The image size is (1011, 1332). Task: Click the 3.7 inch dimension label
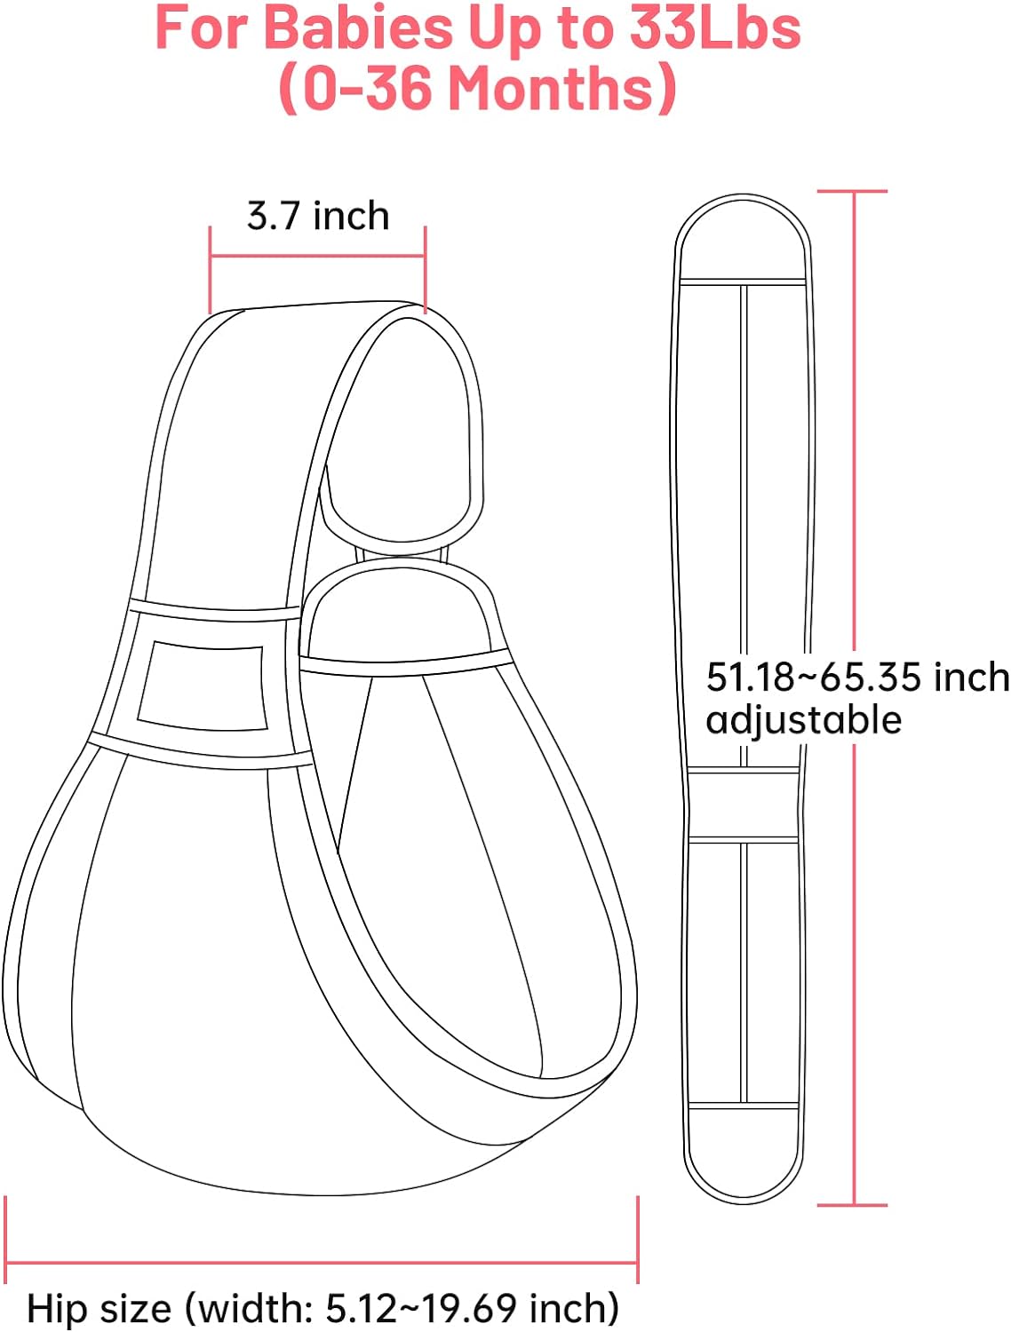[317, 216]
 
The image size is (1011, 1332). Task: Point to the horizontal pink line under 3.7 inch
[317, 256]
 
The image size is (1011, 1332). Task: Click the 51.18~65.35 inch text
[857, 677]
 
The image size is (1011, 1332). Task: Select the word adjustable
[803, 720]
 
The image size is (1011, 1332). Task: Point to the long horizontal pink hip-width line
[322, 1264]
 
